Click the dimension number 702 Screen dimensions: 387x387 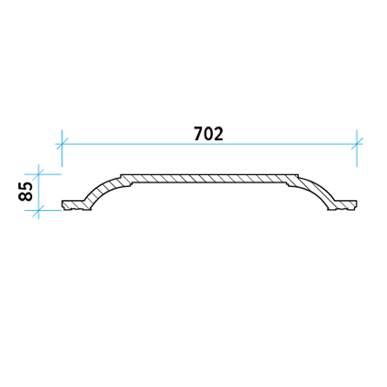click(208, 134)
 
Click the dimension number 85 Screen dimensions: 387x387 click(26, 192)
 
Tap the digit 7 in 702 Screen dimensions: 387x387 click(199, 134)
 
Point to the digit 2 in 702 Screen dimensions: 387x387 click(218, 134)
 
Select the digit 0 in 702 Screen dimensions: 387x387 click(209, 134)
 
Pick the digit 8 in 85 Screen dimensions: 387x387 click(26, 196)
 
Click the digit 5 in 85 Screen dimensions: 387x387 click(26, 187)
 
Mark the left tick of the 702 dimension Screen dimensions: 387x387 click(61, 144)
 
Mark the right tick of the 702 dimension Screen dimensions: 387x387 click(357, 144)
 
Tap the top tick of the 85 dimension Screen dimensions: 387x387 click(39, 174)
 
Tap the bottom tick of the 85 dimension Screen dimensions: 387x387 click(39, 210)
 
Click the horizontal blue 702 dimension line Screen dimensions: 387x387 click(209, 144)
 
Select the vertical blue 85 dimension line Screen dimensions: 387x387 click(39, 193)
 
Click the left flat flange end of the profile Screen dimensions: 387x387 click(72, 205)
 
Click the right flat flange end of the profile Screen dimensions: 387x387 click(346, 205)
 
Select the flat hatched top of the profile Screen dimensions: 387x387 click(209, 179)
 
